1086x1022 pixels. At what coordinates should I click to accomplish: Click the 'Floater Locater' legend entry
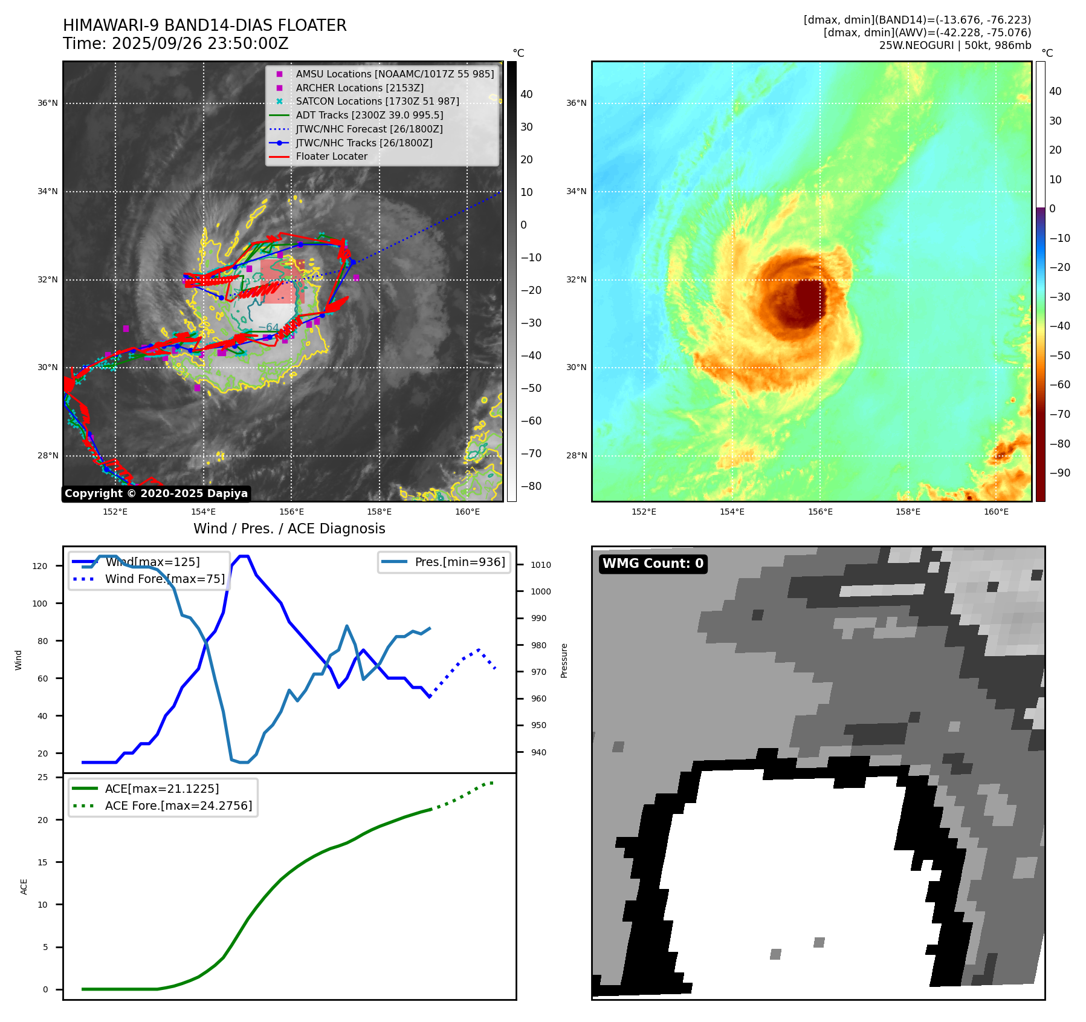(331, 157)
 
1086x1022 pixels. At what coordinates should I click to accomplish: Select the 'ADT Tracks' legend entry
(369, 115)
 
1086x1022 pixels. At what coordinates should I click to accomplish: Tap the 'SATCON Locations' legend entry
(377, 102)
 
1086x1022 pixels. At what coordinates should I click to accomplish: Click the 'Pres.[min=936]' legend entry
(459, 562)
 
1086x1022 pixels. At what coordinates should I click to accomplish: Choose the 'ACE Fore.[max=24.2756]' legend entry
(178, 806)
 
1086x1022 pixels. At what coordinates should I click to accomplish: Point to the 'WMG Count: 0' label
(653, 564)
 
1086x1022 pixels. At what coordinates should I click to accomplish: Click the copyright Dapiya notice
(156, 493)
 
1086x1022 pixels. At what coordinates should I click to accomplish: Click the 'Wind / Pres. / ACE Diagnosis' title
(289, 529)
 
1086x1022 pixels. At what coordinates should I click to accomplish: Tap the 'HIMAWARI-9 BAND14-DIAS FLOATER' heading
(204, 25)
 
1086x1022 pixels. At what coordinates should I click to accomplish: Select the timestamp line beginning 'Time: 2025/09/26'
(175, 44)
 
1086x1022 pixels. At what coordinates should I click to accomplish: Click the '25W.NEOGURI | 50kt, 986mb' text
(955, 45)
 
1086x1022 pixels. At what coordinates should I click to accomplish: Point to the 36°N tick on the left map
(48, 103)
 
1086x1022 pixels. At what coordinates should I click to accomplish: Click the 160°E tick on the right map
(996, 512)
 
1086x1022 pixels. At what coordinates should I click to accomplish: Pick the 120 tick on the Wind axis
(40, 566)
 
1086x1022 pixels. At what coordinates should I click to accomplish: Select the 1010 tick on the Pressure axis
(541, 565)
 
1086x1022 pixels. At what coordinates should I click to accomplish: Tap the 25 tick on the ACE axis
(43, 777)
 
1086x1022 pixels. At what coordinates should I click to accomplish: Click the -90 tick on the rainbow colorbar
(1059, 473)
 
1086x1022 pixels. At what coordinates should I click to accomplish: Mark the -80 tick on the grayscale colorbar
(531, 486)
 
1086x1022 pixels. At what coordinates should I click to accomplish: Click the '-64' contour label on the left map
(269, 328)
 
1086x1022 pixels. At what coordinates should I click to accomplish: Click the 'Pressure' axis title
(564, 660)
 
